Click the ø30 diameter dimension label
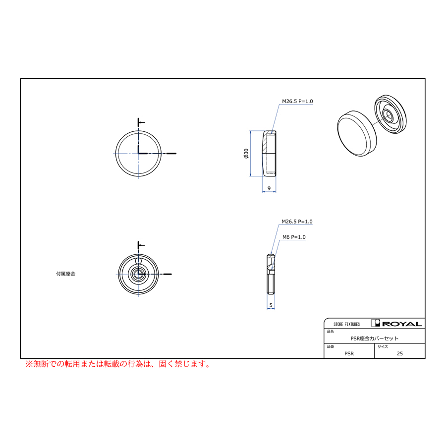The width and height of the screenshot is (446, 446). pyautogui.click(x=246, y=153)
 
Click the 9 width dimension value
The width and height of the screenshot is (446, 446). pyautogui.click(x=269, y=188)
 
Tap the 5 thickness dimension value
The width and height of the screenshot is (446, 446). pyautogui.click(x=271, y=305)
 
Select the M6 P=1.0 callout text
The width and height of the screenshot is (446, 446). pyautogui.click(x=294, y=237)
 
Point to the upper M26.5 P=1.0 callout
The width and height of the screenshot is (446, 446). pyautogui.click(x=297, y=101)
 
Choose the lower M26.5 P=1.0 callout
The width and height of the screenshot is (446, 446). pyautogui.click(x=297, y=222)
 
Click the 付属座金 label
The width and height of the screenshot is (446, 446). pyautogui.click(x=66, y=274)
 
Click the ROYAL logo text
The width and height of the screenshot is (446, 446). pyautogui.click(x=402, y=324)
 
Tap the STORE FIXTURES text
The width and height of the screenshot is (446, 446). pyautogui.click(x=347, y=324)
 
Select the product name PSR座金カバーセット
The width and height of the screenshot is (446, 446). pyautogui.click(x=374, y=338)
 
